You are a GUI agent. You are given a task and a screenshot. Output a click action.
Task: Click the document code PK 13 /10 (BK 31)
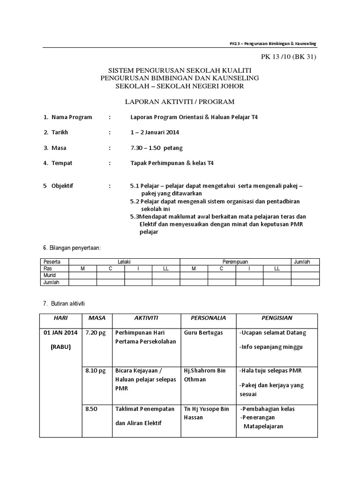[x=289, y=57]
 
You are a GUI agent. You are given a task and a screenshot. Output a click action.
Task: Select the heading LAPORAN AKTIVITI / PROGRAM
[x=179, y=101]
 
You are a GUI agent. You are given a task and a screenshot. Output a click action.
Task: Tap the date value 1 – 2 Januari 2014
[x=155, y=132]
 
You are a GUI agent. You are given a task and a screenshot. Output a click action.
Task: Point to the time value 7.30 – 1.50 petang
[x=157, y=148]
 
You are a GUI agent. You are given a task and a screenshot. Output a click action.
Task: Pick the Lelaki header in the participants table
[x=124, y=262]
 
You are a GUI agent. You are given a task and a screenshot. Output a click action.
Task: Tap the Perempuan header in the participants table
[x=235, y=262]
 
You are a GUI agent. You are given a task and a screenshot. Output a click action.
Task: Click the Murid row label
[x=50, y=275]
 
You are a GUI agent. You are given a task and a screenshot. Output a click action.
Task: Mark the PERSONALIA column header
[x=208, y=318]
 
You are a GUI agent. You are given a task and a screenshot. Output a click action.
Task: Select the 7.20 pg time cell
[x=96, y=332]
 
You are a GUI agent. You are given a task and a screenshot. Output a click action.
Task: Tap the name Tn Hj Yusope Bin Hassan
[x=206, y=413]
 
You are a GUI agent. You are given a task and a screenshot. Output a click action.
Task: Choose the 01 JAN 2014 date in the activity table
[x=60, y=332]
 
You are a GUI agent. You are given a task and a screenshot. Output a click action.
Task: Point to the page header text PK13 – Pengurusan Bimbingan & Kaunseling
[x=273, y=43]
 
